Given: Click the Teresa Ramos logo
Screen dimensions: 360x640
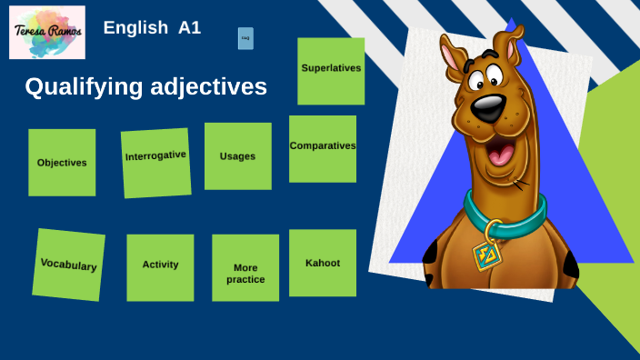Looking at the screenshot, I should (x=46, y=32).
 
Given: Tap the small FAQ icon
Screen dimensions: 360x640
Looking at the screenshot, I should (x=245, y=38).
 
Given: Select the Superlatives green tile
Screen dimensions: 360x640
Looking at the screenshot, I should (x=331, y=70).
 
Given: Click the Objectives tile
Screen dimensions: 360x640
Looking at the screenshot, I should (x=62, y=162).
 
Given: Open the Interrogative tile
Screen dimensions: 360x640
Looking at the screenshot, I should (x=156, y=162).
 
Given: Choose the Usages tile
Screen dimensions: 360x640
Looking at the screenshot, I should (x=237, y=155).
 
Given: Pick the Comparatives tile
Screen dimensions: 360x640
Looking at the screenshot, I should (x=323, y=147).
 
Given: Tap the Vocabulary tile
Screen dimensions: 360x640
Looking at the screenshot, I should (x=69, y=265).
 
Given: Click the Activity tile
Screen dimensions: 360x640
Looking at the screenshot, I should (x=160, y=266).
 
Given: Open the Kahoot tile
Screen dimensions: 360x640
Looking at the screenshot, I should (x=323, y=263).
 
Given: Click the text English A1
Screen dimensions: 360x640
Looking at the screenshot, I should (x=152, y=27).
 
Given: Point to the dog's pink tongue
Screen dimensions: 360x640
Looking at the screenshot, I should (x=501, y=155).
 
